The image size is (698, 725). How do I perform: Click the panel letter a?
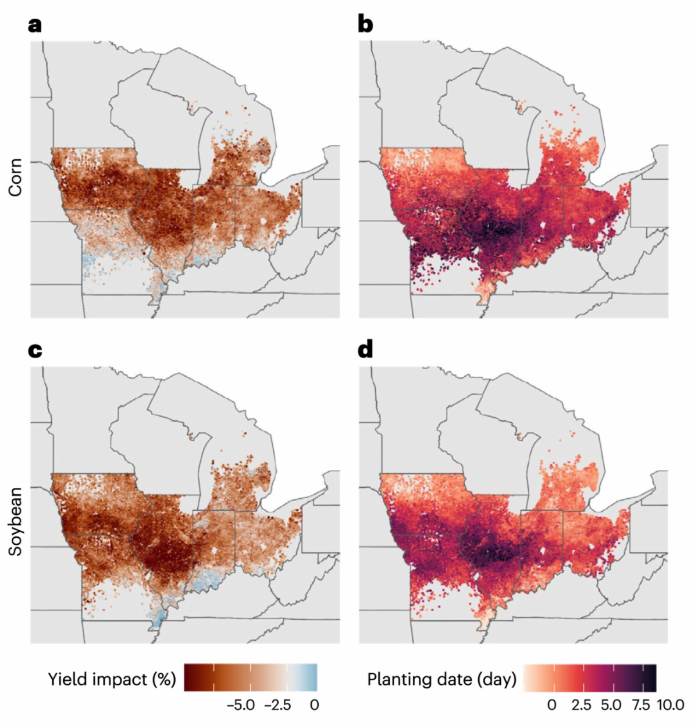[x=35, y=26]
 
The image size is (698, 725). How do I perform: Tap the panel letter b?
[x=365, y=26]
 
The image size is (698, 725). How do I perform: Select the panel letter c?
[x=35, y=351]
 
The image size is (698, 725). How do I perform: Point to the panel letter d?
[x=365, y=351]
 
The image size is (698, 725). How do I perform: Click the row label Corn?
[x=15, y=177]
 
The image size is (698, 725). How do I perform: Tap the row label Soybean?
[x=15, y=521]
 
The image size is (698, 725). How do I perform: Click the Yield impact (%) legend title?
[x=112, y=678]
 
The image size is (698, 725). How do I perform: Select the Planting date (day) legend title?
[x=441, y=678]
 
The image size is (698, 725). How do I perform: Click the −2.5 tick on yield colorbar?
[x=278, y=705]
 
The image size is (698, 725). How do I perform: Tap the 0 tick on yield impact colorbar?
[x=315, y=705]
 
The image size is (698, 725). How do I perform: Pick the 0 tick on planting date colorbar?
[x=552, y=705]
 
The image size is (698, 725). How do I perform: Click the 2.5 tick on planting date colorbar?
[x=582, y=705]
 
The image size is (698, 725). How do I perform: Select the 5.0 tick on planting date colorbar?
[x=611, y=705]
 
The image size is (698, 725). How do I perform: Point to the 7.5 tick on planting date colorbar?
[x=641, y=705]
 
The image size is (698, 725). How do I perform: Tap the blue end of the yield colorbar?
[x=314, y=677]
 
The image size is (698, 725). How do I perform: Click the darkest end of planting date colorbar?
[x=653, y=677]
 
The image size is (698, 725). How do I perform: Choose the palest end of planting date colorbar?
[x=527, y=677]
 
